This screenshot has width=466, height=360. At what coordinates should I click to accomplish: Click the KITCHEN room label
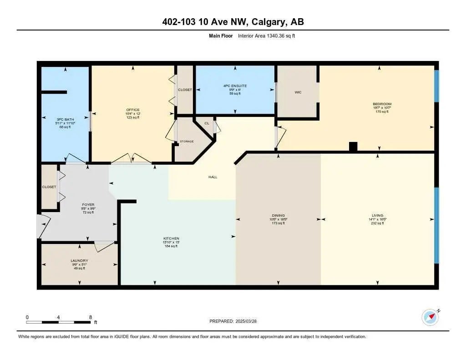click(171, 238)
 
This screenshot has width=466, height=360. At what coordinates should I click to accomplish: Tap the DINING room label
click(279, 215)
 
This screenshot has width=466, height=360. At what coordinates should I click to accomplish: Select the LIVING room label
click(377, 215)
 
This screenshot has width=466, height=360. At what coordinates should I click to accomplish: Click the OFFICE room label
click(132, 110)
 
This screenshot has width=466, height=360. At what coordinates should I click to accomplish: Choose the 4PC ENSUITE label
click(235, 86)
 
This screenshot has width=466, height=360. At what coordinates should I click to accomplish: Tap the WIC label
click(298, 92)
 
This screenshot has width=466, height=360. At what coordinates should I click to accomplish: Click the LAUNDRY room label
click(79, 261)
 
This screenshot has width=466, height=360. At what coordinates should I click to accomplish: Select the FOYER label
click(88, 205)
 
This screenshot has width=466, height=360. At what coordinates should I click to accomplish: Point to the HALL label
click(213, 177)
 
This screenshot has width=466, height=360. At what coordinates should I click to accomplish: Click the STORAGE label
click(187, 142)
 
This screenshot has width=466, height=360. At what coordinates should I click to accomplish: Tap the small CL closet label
click(207, 123)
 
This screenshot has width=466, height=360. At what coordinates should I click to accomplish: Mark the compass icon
click(430, 317)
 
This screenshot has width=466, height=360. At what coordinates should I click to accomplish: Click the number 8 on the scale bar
click(90, 317)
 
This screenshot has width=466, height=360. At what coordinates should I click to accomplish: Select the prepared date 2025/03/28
click(246, 321)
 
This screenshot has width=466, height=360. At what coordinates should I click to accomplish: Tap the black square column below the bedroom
click(353, 147)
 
